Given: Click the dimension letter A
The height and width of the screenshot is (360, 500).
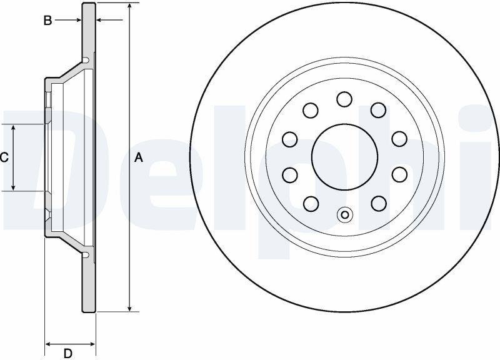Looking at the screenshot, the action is tap(138, 157).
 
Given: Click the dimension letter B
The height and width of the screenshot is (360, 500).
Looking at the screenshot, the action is tap(47, 21).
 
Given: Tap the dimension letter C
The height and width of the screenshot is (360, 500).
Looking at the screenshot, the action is tap(4, 157).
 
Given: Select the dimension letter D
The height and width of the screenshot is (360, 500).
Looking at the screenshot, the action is tap(67, 353).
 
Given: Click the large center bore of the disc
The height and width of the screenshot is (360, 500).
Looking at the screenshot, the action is tap(344, 157).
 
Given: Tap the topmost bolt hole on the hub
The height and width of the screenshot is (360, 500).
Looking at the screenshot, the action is tap(344, 99).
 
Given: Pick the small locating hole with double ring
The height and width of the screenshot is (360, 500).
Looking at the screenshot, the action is tap(345, 214).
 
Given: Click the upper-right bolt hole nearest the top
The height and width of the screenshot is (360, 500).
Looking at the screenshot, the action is tap(379, 110).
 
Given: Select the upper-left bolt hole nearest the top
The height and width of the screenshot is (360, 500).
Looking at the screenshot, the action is tap(310, 110).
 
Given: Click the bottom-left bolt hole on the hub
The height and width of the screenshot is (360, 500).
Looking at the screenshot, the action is tap(311, 203).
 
